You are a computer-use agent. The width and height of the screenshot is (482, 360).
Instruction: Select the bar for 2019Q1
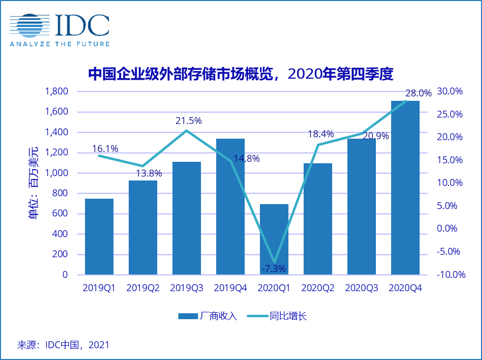pos(99,237)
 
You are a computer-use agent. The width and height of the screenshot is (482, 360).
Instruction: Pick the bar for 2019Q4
pos(230,207)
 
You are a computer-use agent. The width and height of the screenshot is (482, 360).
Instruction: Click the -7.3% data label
pos(273,269)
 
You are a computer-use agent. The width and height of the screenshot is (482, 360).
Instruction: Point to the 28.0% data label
pos(418,93)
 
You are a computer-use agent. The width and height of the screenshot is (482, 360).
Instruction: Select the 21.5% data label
pos(189,120)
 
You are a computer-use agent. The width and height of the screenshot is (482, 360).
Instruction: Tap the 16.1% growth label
pos(105,149)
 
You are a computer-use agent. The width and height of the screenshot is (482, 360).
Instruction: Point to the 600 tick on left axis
pos(60,214)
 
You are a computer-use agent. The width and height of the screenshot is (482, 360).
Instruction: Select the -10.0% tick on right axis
pos(451,275)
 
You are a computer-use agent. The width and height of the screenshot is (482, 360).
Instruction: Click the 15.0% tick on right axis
pos(451,160)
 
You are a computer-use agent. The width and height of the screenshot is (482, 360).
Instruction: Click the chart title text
pos(241,74)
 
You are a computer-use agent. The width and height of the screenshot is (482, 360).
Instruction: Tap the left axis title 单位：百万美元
pos(33,182)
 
